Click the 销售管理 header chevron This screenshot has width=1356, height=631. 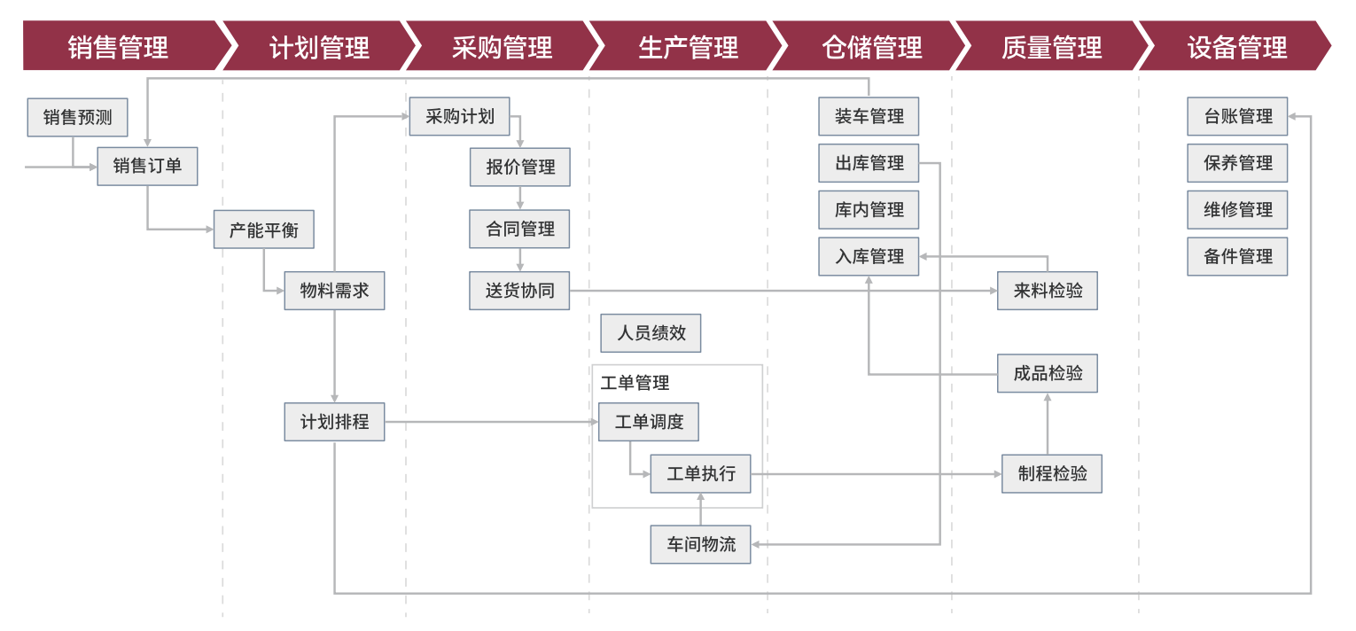118,46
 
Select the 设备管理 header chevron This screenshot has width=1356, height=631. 1236,46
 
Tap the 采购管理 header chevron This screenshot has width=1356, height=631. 502,46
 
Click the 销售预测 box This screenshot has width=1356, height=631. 77,117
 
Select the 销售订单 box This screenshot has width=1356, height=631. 147,166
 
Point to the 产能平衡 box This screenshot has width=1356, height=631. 264,230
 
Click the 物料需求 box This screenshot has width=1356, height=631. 334,290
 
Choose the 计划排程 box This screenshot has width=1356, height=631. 334,422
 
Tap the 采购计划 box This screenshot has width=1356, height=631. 459,116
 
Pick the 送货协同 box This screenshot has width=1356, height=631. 519,290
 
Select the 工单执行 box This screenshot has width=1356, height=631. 700,473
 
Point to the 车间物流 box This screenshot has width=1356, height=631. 700,543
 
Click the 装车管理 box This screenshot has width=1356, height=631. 869,116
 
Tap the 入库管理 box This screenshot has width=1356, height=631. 869,256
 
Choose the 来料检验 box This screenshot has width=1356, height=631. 1048,290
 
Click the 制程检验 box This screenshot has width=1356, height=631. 1052,473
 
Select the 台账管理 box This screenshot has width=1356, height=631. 1237,116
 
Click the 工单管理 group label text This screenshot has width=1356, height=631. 635,383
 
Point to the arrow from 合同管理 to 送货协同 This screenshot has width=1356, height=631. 520,260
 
